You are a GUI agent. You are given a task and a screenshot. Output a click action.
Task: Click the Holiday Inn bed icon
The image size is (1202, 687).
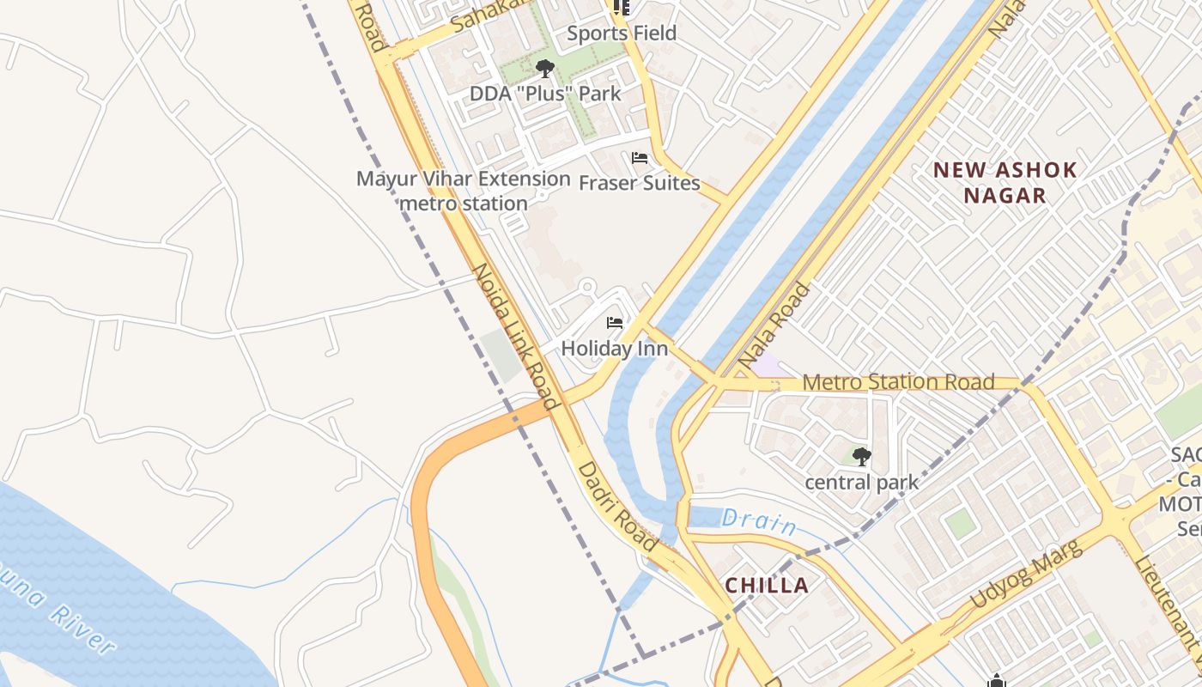tap(615, 323)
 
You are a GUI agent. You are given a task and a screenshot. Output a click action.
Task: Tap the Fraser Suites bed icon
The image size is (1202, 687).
tap(640, 158)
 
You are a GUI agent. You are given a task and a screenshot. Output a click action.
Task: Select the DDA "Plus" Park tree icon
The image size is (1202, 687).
tap(544, 68)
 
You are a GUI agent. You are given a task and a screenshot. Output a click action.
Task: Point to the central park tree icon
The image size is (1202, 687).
tap(862, 457)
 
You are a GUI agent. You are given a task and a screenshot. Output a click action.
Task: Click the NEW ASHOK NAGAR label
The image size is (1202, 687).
tap(1005, 182)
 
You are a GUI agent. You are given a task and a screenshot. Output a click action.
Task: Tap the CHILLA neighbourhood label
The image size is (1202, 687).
tap(767, 586)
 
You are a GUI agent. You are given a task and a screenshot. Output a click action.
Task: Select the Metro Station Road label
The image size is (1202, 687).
tap(898, 382)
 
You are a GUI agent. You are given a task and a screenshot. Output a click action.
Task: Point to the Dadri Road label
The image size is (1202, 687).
tap(617, 507)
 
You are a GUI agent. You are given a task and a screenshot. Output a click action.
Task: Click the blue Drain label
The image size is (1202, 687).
tap(758, 521)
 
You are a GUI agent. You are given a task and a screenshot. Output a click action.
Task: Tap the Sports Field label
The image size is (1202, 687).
tap(622, 33)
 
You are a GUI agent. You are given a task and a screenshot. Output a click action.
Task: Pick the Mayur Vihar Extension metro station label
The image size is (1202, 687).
tap(464, 191)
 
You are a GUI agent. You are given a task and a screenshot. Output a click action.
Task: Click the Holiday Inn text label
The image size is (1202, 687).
tap(614, 349)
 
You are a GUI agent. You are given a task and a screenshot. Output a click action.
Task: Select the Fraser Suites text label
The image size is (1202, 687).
tap(640, 183)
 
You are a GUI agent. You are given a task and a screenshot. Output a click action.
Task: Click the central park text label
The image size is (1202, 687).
tap(861, 483)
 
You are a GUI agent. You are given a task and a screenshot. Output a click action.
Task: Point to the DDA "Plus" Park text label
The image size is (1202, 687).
tap(544, 93)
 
